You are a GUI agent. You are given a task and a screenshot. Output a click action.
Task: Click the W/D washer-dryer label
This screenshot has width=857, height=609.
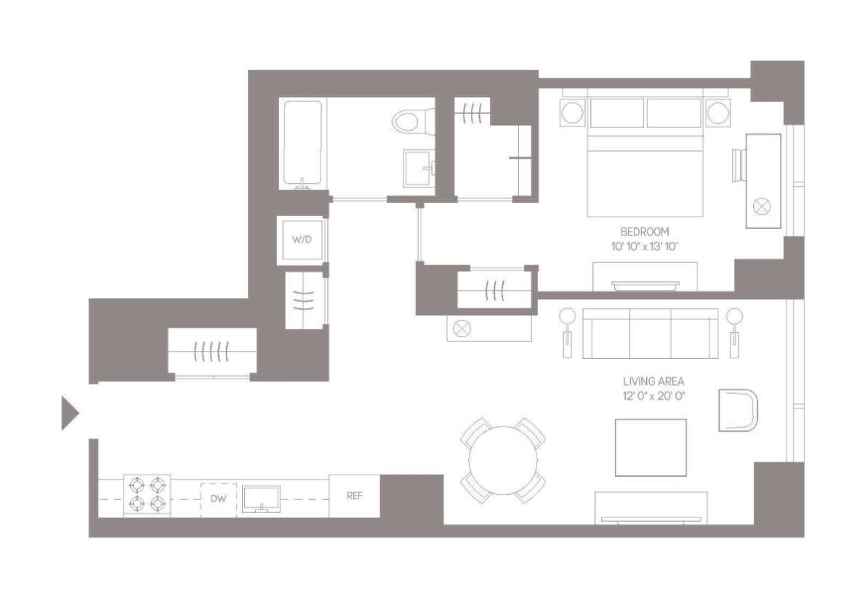302,239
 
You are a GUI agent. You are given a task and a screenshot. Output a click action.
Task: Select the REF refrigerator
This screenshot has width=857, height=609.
354,496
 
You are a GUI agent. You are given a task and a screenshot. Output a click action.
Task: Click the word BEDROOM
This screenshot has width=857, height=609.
645,232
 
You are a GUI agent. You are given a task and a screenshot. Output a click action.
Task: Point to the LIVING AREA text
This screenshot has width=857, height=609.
653,382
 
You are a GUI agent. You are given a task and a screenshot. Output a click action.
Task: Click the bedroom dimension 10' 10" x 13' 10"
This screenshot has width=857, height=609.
645,246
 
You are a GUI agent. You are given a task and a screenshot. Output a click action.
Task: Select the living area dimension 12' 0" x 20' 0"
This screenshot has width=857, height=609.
653,396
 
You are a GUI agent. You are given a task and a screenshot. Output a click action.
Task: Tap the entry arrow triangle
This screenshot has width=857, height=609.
69,414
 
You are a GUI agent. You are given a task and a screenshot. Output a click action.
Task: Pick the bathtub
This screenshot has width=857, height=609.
302,144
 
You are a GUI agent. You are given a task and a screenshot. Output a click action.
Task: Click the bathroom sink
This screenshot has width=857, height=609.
419,169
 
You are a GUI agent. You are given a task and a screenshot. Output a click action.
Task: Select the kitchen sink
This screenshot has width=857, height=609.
261,499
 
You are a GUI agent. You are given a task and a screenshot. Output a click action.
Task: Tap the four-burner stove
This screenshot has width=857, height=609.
147,495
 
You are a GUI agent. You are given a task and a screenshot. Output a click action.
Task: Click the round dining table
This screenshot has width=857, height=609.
503,460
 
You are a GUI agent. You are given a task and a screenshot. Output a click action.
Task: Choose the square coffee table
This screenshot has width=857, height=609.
651,448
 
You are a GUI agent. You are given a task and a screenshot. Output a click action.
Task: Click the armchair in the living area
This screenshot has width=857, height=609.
738,410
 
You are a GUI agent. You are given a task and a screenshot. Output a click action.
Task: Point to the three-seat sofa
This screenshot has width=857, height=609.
651,334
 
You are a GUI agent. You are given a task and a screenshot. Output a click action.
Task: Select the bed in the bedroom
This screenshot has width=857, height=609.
645,158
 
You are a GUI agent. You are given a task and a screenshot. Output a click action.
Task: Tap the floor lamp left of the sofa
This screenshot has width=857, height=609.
567,331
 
